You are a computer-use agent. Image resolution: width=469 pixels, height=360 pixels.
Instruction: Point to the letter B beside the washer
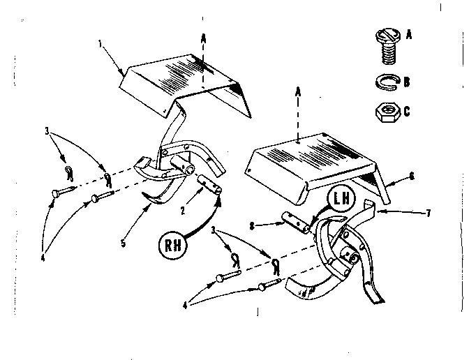click(x=407, y=82)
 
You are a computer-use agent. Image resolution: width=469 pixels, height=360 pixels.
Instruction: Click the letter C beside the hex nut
click(x=407, y=110)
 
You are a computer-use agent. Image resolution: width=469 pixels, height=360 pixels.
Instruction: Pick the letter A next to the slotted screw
click(x=408, y=33)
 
